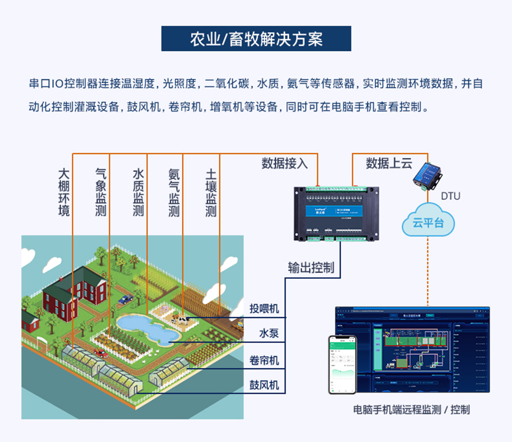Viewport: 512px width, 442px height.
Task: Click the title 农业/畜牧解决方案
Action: click(x=256, y=39)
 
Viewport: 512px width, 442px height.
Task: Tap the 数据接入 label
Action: click(x=284, y=164)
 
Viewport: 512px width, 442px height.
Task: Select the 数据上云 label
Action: click(x=389, y=164)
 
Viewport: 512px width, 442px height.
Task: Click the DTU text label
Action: click(x=451, y=196)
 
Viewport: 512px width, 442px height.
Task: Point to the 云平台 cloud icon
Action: click(x=428, y=223)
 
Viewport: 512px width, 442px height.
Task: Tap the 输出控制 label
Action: click(x=311, y=267)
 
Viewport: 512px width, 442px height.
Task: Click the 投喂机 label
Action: click(x=265, y=308)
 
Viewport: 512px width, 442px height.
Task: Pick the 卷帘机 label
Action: click(x=265, y=360)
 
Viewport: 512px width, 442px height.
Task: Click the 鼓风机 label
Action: click(x=265, y=385)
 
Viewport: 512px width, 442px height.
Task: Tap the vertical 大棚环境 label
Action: click(x=64, y=192)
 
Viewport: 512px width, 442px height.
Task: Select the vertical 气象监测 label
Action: click(x=101, y=192)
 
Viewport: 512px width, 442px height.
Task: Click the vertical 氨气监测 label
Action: click(x=174, y=192)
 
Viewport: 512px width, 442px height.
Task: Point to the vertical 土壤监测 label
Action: click(x=210, y=192)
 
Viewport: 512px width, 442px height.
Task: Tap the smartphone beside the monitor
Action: click(x=342, y=364)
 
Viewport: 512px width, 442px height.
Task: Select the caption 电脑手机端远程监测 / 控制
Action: click(x=411, y=410)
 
